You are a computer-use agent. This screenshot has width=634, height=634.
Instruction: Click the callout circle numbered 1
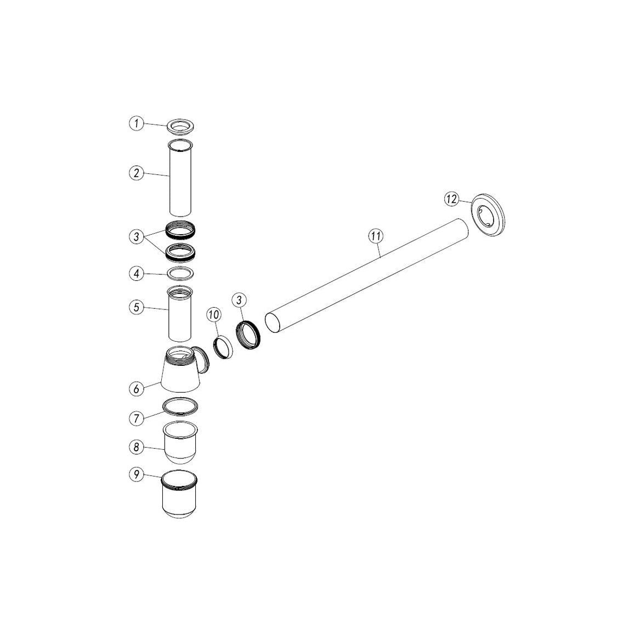136,123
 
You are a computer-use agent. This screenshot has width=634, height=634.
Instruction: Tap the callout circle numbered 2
136,173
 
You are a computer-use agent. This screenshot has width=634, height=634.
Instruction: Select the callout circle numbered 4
136,274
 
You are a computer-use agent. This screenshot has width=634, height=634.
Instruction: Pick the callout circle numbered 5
136,307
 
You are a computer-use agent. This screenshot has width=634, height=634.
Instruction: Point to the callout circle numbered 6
136,388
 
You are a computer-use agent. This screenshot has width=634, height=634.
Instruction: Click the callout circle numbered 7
136,418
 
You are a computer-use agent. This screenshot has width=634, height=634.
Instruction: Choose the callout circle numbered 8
136,447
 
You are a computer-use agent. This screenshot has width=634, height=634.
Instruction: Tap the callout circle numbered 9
136,474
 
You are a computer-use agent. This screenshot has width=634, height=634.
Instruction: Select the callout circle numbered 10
214,314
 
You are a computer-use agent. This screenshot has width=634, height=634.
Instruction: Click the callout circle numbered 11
376,236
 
